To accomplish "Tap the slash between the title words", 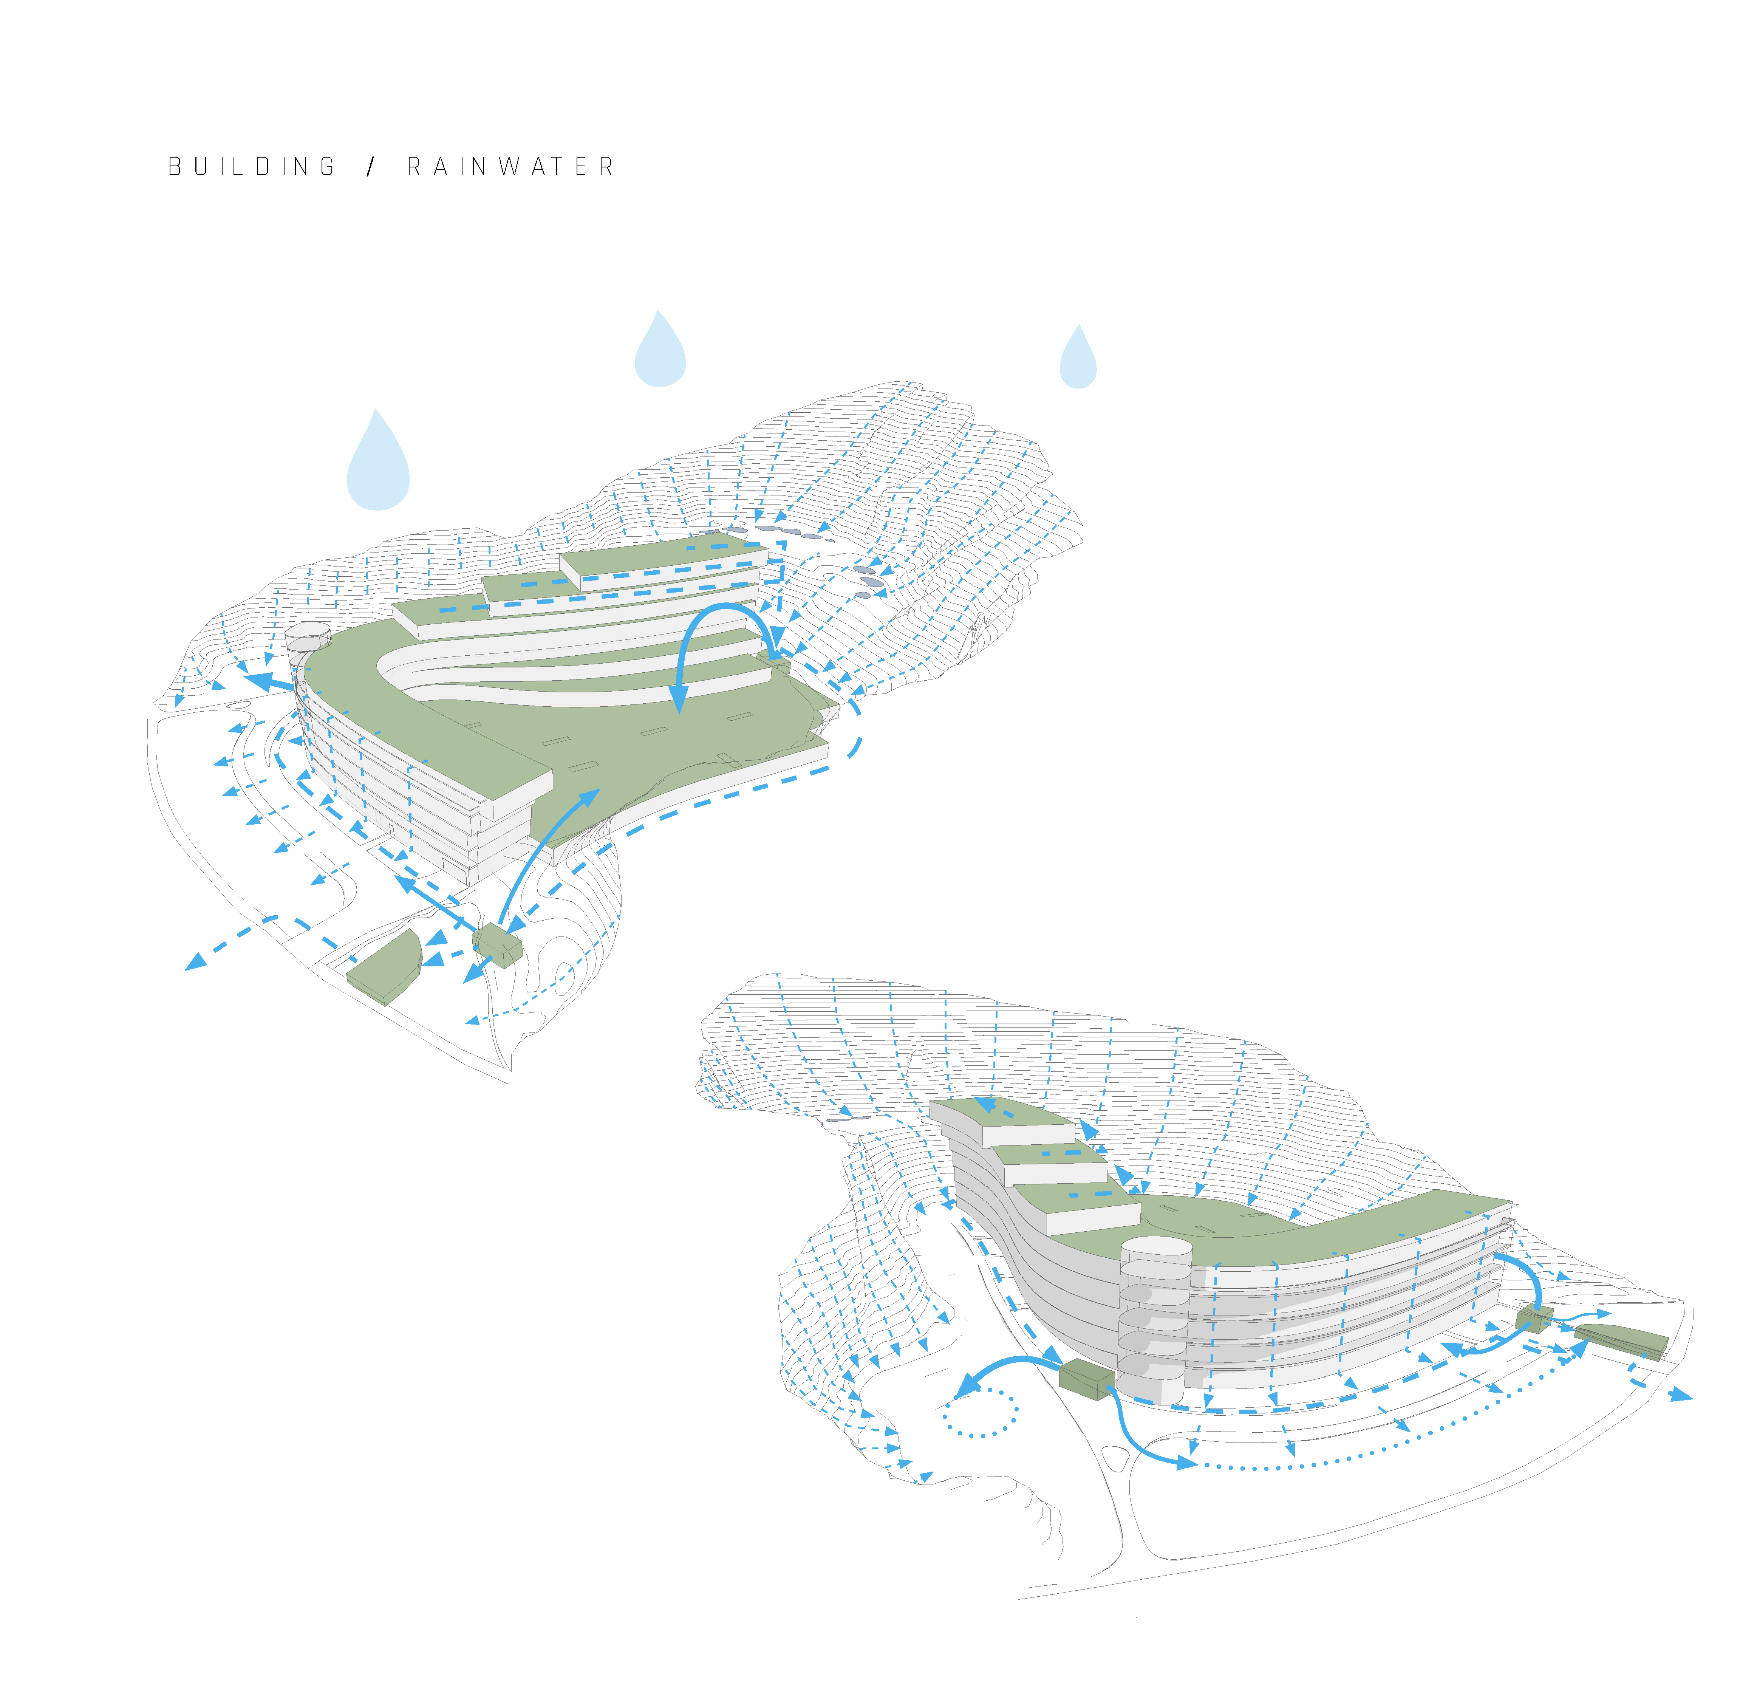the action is point(371,167).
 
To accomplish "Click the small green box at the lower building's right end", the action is point(1534,1317).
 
